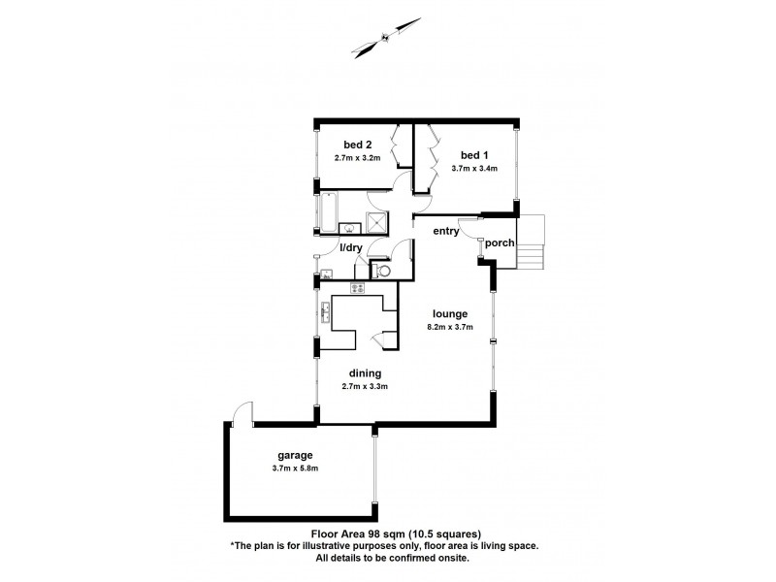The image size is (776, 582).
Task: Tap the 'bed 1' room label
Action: (x=474, y=155)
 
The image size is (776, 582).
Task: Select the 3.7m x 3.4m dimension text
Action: (x=474, y=168)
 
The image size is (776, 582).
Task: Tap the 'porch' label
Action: (x=500, y=242)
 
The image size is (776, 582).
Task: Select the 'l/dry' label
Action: (x=349, y=248)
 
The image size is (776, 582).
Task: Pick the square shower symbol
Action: (x=375, y=223)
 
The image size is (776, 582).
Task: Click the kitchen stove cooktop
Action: (x=356, y=288)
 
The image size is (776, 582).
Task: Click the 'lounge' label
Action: (x=452, y=313)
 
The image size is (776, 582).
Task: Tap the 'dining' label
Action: (x=365, y=372)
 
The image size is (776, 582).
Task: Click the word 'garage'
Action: (x=294, y=455)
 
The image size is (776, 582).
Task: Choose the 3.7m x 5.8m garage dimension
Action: (x=294, y=469)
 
